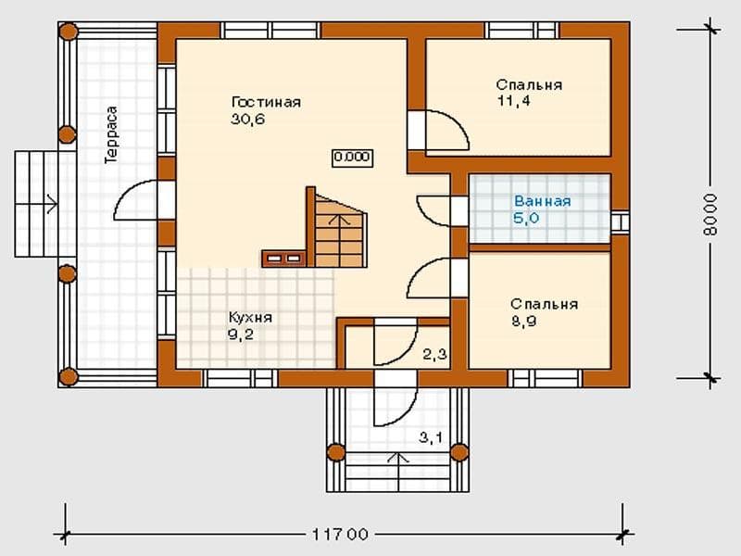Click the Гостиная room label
266,103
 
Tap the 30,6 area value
248,120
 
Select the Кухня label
250,317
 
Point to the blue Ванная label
543,201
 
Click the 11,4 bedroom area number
514,101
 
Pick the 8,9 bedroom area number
523,322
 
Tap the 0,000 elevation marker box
352,158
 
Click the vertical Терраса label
111,135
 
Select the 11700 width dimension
340,535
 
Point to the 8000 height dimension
710,214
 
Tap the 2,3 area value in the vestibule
434,354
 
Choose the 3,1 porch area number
431,437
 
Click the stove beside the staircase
283,259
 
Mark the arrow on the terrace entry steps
36,204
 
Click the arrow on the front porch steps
398,472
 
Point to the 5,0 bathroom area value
526,219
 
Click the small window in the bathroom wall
620,221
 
